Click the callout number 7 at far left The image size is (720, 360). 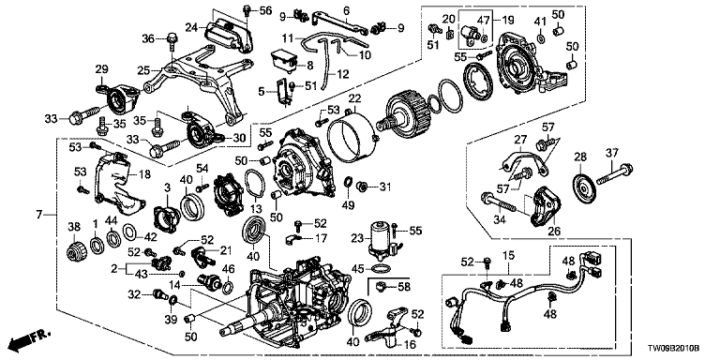click(x=39, y=214)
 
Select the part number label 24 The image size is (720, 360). click(x=191, y=27)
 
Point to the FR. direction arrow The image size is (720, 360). click(x=31, y=338)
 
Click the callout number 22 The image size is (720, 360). click(x=355, y=99)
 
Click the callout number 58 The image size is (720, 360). click(x=404, y=287)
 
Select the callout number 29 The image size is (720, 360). click(x=101, y=69)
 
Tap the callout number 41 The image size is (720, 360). click(x=540, y=21)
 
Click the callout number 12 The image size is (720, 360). click(x=342, y=74)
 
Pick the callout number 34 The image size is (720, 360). click(x=499, y=220)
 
